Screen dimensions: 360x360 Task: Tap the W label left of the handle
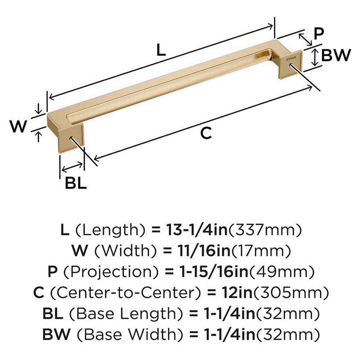point(18,127)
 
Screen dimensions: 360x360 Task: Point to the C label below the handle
point(205,133)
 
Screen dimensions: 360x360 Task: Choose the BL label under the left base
point(76,184)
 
